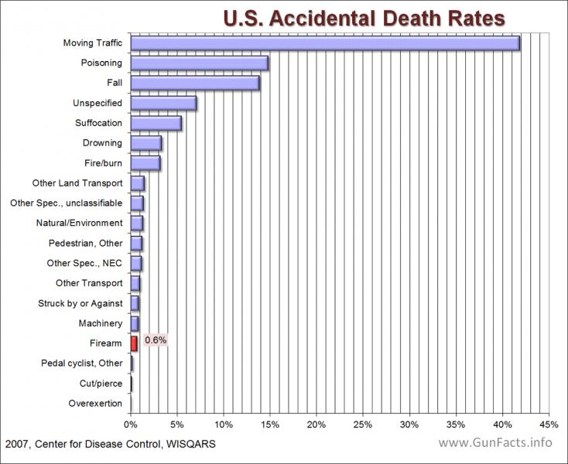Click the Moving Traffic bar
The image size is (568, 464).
pyautogui.click(x=325, y=43)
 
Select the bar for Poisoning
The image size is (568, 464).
pyautogui.click(x=200, y=63)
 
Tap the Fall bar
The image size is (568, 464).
pyautogui.click(x=195, y=83)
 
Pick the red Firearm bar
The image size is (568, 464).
pyautogui.click(x=134, y=343)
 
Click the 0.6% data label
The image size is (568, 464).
pyautogui.click(x=156, y=340)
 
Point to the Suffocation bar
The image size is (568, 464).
pyautogui.click(x=156, y=123)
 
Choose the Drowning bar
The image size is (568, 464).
pyautogui.click(x=146, y=143)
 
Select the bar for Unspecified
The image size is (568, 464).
pyautogui.click(x=163, y=103)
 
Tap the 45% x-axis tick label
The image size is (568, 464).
pyautogui.click(x=549, y=425)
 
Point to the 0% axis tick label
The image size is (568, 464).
pyautogui.click(x=131, y=425)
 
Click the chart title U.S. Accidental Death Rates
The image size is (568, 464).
pyautogui.click(x=364, y=18)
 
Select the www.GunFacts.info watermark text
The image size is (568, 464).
pyautogui.click(x=495, y=442)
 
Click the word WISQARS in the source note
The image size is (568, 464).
pyautogui.click(x=191, y=444)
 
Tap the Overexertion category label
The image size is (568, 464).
pyautogui.click(x=95, y=403)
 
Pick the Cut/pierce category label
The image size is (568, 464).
pyautogui.click(x=101, y=384)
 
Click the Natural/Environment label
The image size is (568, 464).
pyautogui.click(x=80, y=223)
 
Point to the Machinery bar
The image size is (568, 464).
pyautogui.click(x=135, y=323)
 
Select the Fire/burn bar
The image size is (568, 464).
pyautogui.click(x=145, y=163)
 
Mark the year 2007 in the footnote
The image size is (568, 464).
pyautogui.click(x=17, y=444)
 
